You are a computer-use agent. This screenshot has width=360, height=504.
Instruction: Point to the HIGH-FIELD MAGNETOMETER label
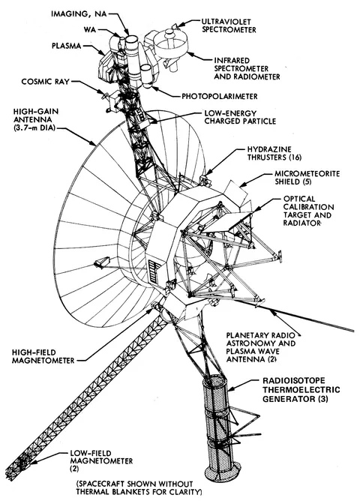(x=43, y=356)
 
